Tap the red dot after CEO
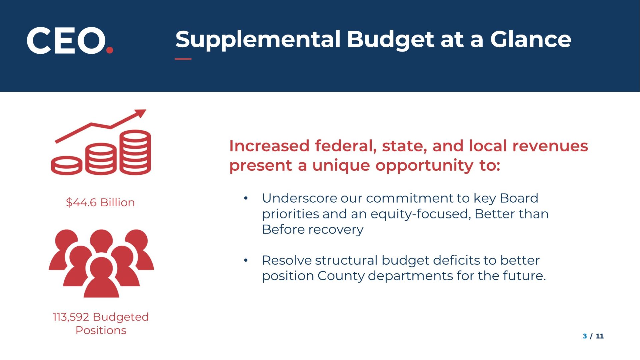pos(110,50)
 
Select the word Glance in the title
pos(531,39)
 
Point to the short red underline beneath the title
pos(183,59)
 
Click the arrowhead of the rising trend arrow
pos(140,113)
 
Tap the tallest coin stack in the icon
pos(135,152)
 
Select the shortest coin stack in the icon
pos(67,165)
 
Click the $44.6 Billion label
pos(100,202)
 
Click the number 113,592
pos(71,317)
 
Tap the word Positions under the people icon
pos(101,330)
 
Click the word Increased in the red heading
pos(269,146)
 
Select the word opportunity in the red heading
pos(424,166)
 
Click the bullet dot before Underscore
pos(246,198)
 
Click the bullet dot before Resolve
pos(246,260)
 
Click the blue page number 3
pos(585,336)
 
